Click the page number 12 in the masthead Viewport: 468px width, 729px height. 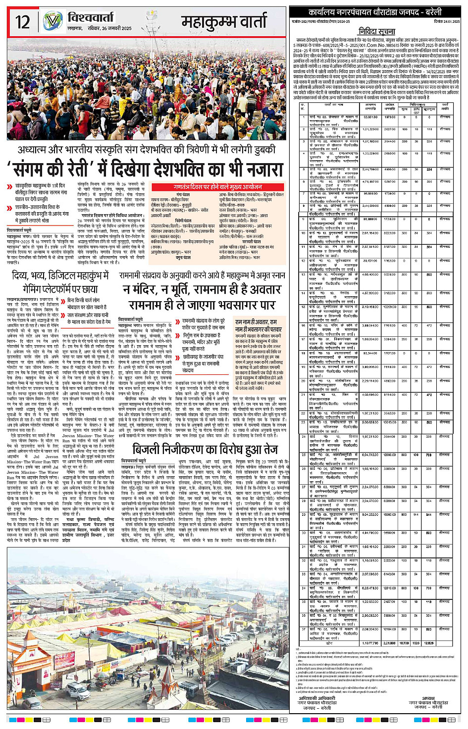(23, 22)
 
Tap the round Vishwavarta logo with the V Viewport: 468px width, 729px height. (53, 21)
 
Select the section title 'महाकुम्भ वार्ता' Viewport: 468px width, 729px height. (224, 22)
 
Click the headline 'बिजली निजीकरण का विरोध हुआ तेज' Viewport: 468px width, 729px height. (205, 449)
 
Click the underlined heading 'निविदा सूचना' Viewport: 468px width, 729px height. (377, 32)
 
